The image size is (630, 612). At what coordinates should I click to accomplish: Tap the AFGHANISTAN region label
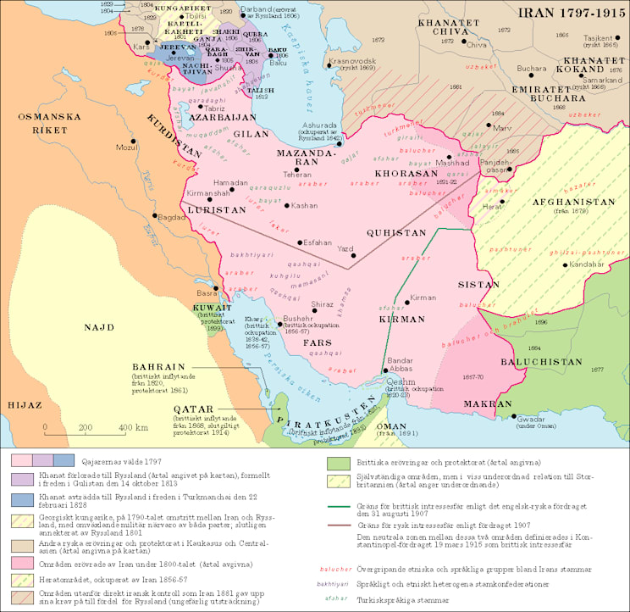click(x=572, y=203)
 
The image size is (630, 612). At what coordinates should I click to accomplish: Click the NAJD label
click(x=99, y=326)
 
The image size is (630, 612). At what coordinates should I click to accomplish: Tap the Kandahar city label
click(x=587, y=264)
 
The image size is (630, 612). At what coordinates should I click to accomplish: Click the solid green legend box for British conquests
click(x=338, y=464)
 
